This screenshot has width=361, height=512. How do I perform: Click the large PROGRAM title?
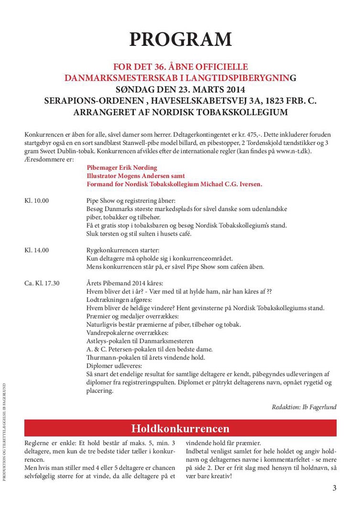click(x=180, y=39)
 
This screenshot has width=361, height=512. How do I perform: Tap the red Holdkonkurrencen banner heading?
click(x=180, y=428)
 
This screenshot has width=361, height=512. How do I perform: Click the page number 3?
click(x=334, y=488)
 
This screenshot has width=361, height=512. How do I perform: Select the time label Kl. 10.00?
click(x=36, y=201)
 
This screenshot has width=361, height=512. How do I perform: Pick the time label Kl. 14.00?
click(x=36, y=250)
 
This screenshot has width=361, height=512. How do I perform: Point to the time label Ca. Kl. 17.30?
click(x=42, y=283)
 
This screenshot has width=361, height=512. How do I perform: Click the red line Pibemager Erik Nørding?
click(x=122, y=168)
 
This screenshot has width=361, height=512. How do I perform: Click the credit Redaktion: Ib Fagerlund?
click(x=304, y=407)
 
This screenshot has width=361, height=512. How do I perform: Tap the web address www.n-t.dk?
click(x=311, y=151)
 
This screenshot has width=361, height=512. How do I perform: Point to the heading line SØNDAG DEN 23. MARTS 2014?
click(x=180, y=89)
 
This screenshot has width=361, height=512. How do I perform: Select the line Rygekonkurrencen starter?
click(x=123, y=250)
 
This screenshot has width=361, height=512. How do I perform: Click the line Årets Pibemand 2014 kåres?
click(x=125, y=283)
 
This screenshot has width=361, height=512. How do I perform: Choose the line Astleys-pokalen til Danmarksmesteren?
click(x=140, y=341)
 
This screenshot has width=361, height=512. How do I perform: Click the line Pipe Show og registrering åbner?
click(x=131, y=201)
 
